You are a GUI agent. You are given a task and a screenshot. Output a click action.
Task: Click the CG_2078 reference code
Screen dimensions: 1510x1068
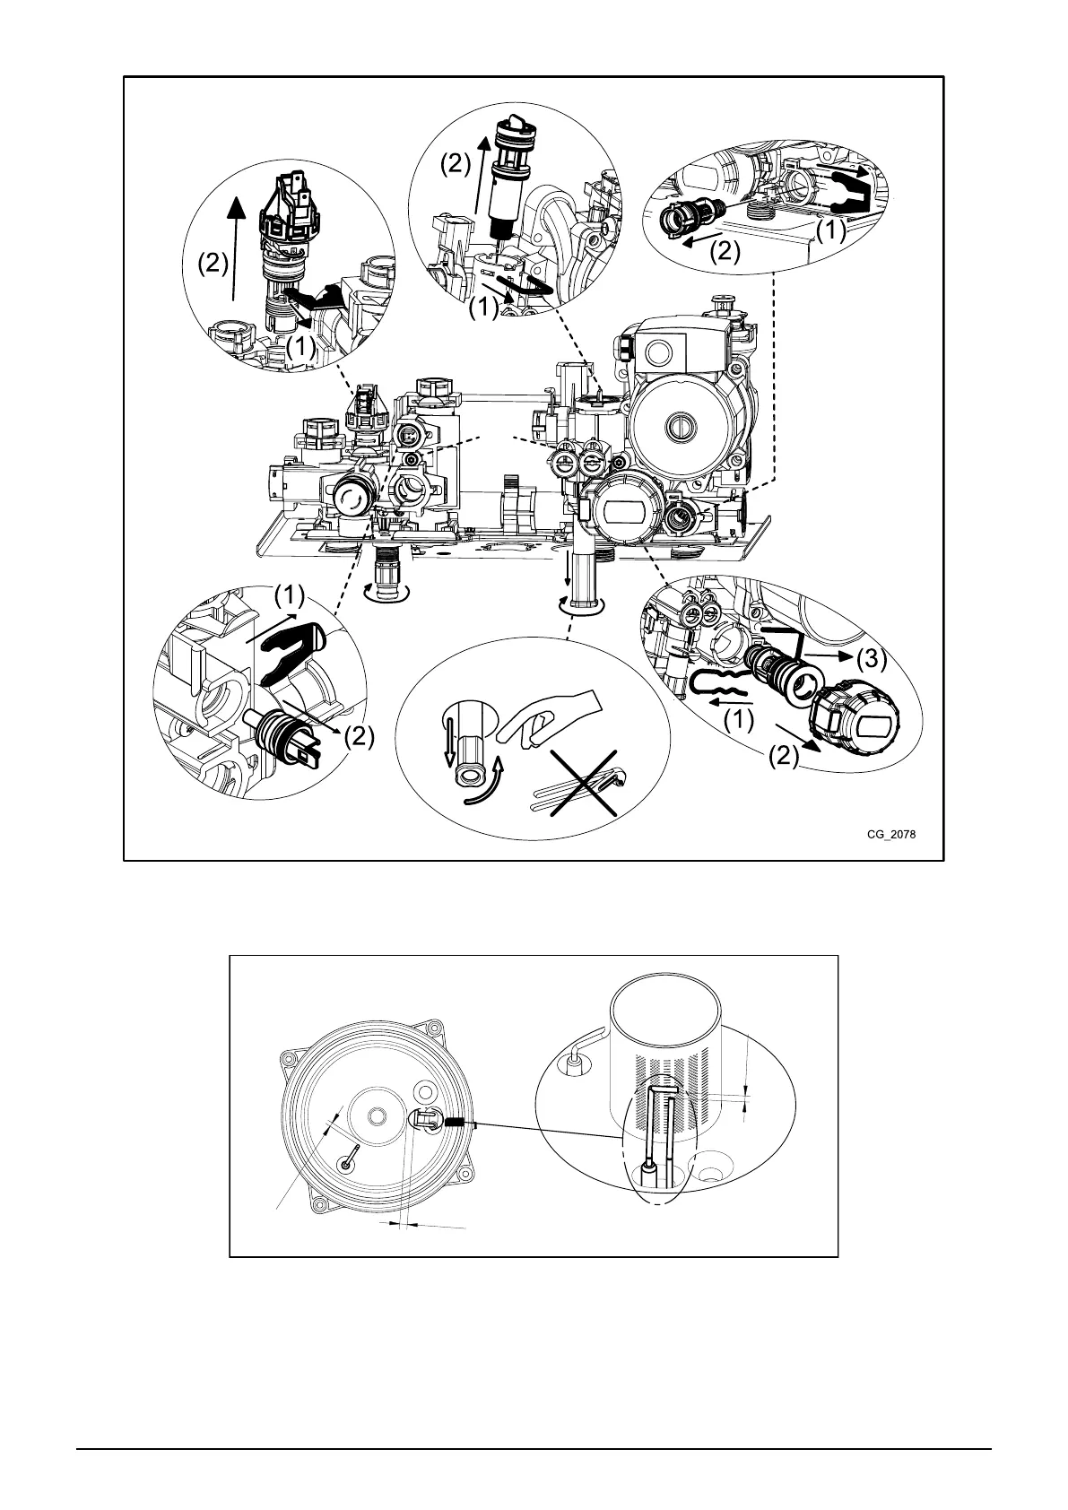coord(890,833)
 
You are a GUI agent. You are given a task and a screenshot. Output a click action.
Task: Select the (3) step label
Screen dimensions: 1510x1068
coord(871,659)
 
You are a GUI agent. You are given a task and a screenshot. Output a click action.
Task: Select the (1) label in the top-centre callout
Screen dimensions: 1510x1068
coord(483,308)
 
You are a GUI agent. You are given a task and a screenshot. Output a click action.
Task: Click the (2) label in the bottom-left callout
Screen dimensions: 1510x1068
coord(356,737)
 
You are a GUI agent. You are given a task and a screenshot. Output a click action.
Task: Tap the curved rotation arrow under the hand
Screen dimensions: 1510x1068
coord(485,780)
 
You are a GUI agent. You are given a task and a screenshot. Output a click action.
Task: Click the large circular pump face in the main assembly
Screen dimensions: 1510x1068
coord(681,421)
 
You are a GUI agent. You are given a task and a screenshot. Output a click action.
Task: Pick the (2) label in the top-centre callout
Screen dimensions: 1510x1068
coord(453,164)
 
